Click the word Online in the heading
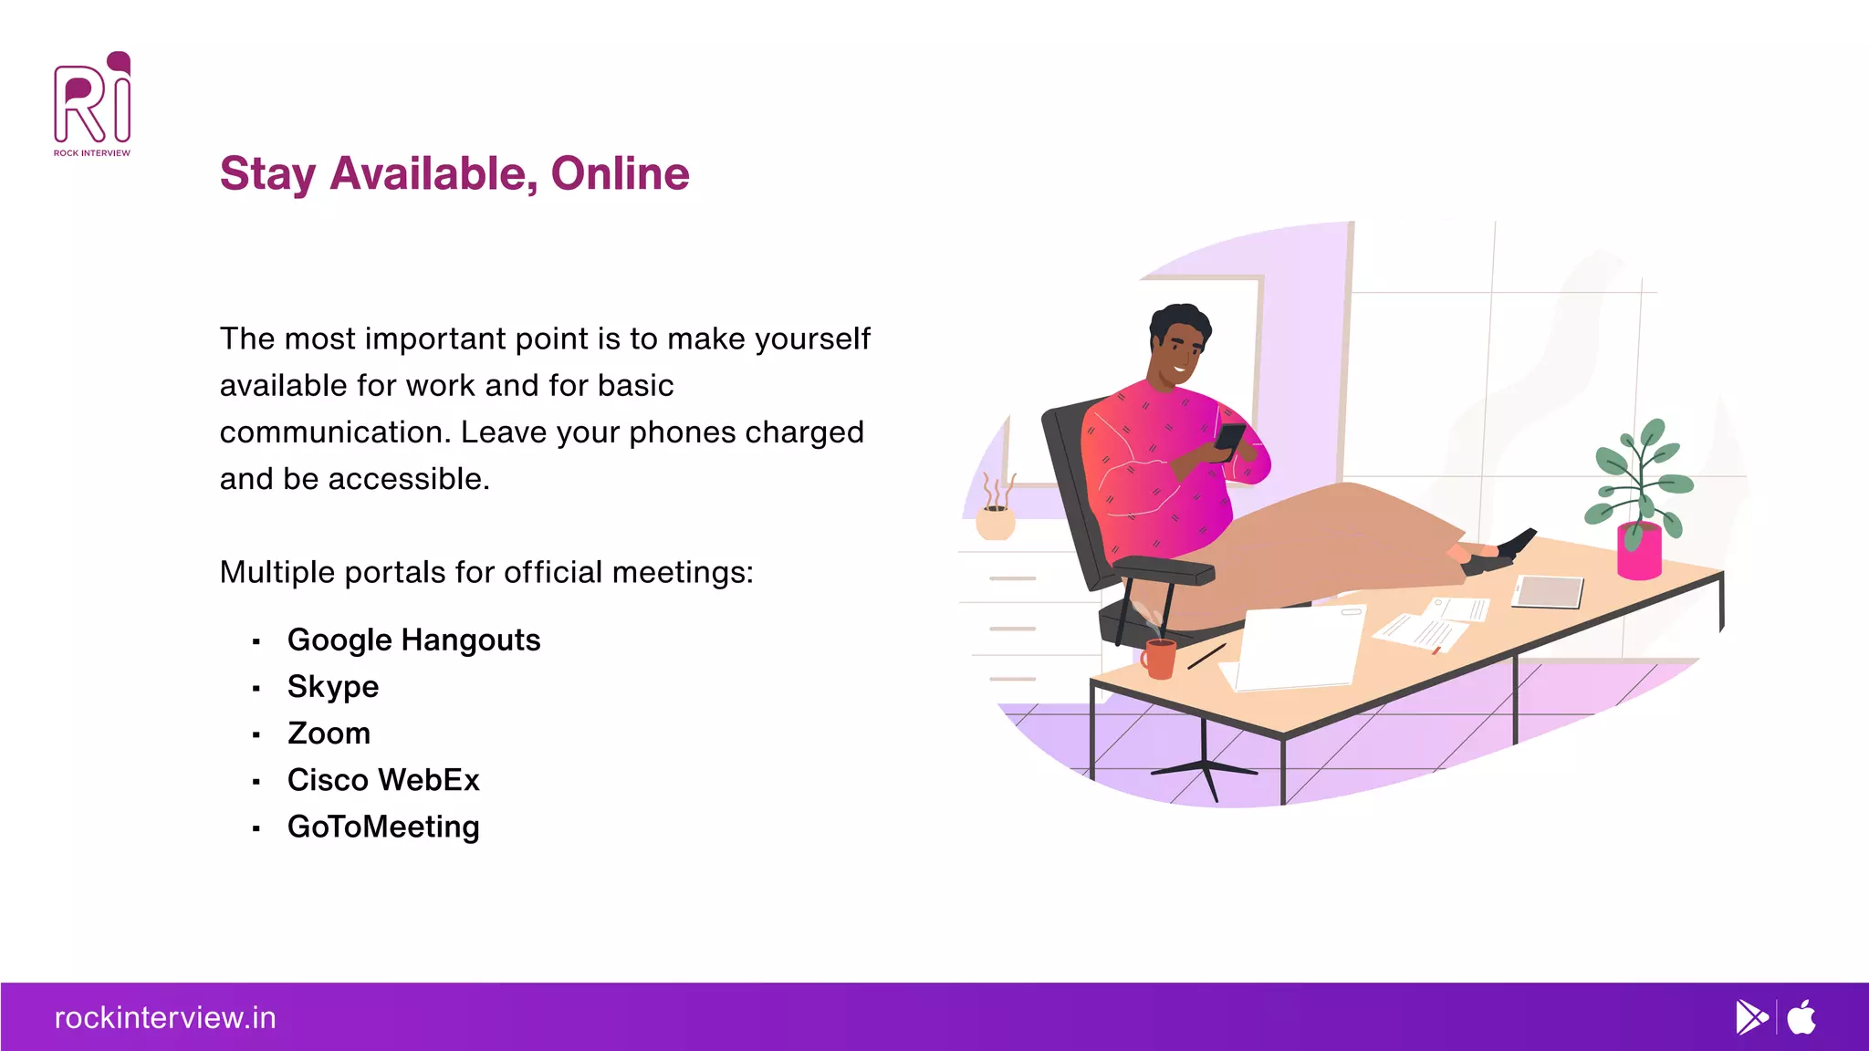(x=620, y=173)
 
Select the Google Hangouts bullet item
(x=413, y=640)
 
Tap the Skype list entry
(x=333, y=687)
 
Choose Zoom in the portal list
(x=329, y=734)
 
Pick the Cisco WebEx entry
(x=383, y=780)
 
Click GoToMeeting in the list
(x=383, y=827)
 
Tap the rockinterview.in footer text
(x=165, y=1017)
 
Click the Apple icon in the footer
(x=1801, y=1017)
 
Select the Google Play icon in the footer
(x=1751, y=1017)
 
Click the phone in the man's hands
(x=1230, y=440)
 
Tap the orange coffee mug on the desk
(x=1160, y=659)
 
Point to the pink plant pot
(x=1639, y=552)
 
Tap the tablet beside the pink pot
(x=1549, y=592)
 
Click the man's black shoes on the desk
(x=1505, y=552)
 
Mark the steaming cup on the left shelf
(x=996, y=521)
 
